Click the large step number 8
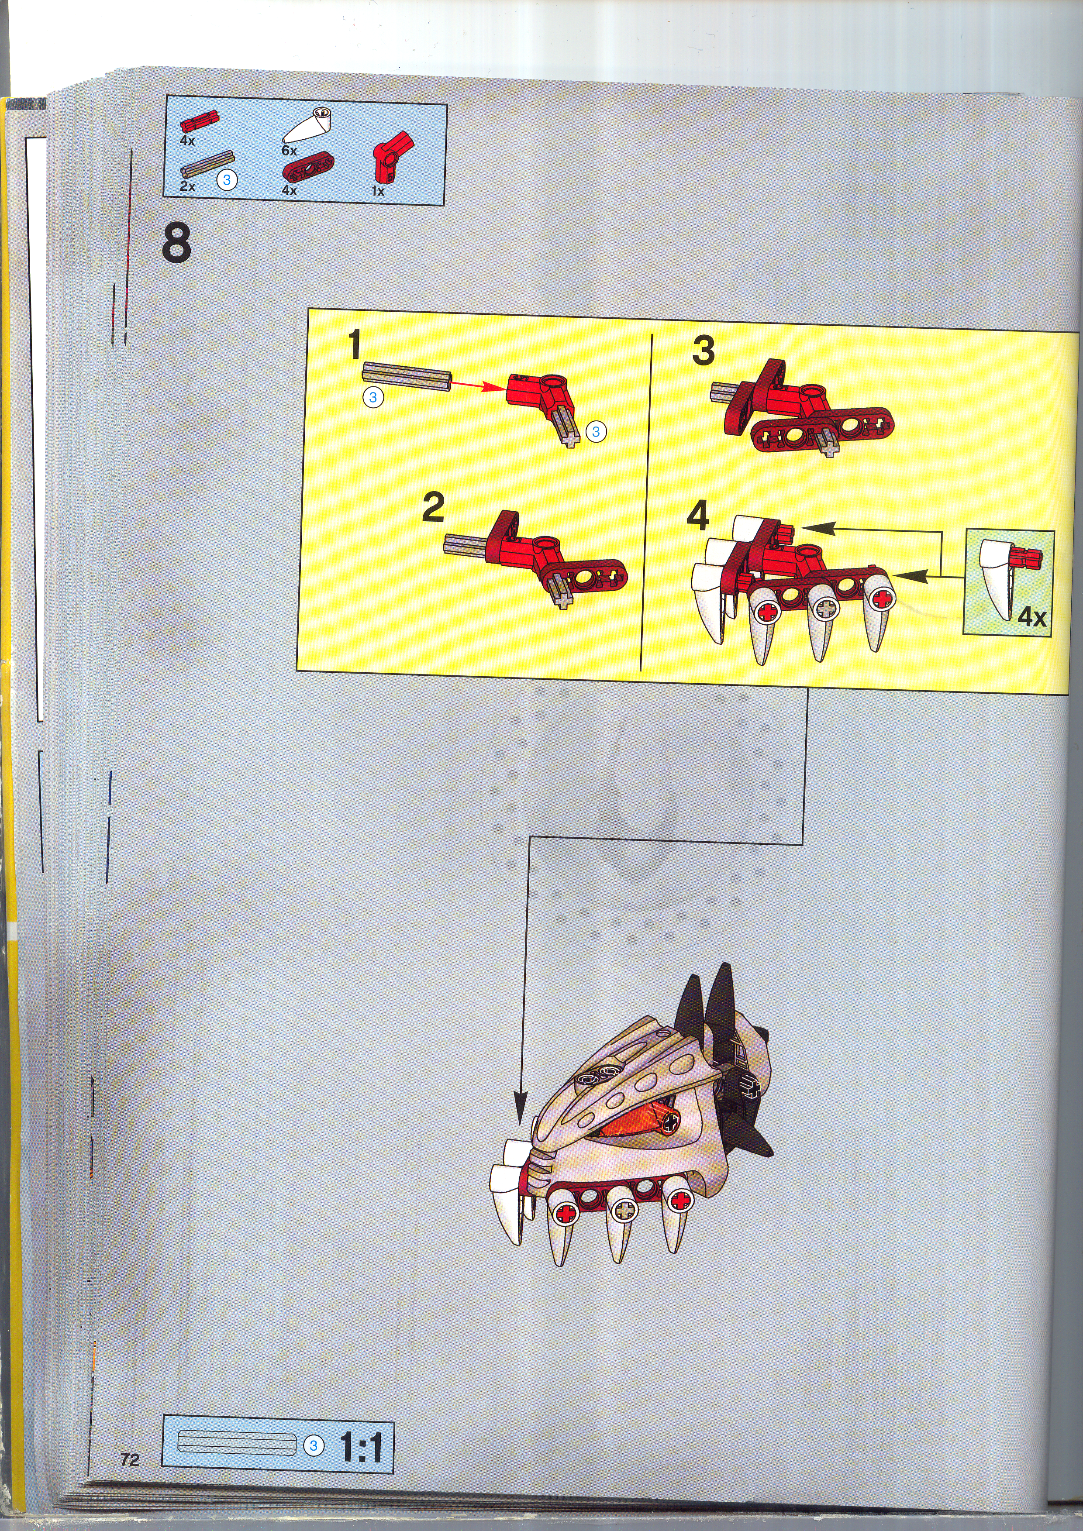tap(176, 244)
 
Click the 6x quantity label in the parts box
tap(289, 151)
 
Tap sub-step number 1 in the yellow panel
tap(354, 345)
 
